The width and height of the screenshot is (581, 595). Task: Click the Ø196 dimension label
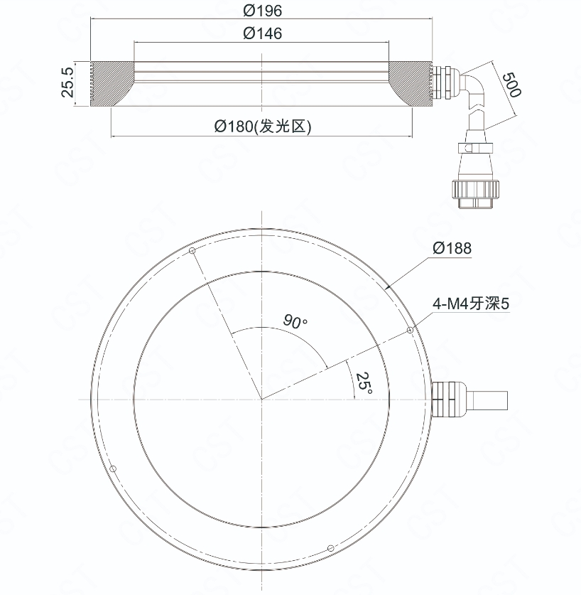(x=262, y=11)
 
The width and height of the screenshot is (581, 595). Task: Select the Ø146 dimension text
(x=262, y=33)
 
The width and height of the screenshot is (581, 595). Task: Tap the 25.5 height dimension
(x=67, y=82)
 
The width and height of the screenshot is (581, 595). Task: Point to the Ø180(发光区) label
(x=262, y=126)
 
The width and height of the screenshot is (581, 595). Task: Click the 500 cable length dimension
(x=511, y=85)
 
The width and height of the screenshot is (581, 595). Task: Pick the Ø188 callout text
(x=452, y=248)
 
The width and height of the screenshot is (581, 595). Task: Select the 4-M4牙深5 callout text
(x=471, y=304)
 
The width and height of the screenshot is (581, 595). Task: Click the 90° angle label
(x=295, y=321)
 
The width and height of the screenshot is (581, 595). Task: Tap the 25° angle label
(x=364, y=382)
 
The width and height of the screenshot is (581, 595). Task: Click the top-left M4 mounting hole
(x=192, y=250)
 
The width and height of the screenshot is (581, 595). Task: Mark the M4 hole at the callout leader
(x=410, y=331)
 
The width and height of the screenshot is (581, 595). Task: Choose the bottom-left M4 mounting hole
(x=113, y=468)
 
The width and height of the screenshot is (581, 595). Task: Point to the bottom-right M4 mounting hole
(x=331, y=548)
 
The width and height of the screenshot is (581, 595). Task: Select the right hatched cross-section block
(x=411, y=84)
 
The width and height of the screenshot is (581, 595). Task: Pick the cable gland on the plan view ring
(x=449, y=400)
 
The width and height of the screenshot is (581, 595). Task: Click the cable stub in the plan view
(x=489, y=400)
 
